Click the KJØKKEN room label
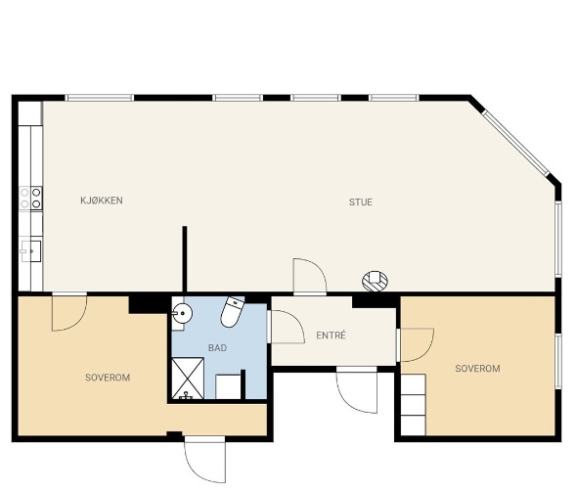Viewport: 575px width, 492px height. click(102, 201)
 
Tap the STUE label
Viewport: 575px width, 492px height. click(361, 202)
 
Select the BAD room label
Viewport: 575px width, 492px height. click(217, 348)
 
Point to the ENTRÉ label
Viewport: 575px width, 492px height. click(331, 335)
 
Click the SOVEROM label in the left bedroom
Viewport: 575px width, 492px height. click(108, 378)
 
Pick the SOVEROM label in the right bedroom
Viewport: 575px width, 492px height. click(477, 369)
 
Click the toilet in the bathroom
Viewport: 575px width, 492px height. click(233, 312)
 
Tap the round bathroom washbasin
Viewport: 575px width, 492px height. click(182, 314)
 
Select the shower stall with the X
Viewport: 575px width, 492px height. click(188, 379)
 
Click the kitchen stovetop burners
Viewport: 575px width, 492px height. click(31, 199)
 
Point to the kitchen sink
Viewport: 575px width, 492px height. click(31, 251)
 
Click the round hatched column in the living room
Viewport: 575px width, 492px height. click(375, 282)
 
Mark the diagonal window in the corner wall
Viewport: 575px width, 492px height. click(515, 142)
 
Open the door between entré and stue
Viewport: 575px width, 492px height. click(310, 276)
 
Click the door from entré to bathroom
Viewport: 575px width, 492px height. click(286, 327)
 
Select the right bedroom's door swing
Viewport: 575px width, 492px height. click(416, 345)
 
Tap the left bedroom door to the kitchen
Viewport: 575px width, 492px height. click(69, 312)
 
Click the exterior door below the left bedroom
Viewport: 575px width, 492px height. click(205, 460)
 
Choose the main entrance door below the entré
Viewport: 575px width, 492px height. click(357, 390)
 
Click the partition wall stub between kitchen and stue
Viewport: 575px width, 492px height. click(185, 259)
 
